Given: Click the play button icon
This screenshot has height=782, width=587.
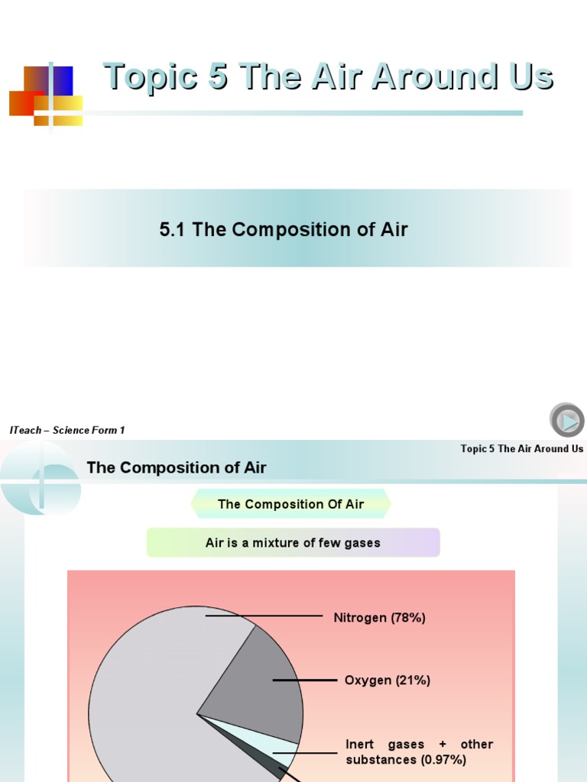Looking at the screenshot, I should tap(566, 421).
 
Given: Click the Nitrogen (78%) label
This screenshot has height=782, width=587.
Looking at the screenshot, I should tap(379, 618).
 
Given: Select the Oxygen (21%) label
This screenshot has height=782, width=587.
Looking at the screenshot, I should tap(388, 680).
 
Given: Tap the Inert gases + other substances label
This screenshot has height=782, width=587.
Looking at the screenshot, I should tap(419, 751).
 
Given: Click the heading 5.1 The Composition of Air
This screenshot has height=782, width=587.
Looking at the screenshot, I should tap(284, 229).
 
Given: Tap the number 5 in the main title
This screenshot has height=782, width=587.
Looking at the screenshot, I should tap(217, 77).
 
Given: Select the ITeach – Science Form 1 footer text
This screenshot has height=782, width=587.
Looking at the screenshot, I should tap(67, 430).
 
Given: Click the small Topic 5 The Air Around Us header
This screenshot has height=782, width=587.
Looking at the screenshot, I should tap(521, 448).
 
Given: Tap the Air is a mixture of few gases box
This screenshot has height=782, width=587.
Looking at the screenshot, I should tap(293, 543).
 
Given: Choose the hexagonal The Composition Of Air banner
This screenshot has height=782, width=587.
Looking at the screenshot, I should tap(290, 504).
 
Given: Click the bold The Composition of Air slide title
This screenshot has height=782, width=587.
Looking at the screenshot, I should tap(177, 467).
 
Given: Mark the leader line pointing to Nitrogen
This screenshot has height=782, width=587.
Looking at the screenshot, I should tap(264, 615).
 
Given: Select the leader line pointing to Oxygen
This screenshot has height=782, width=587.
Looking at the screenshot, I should tap(304, 680).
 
